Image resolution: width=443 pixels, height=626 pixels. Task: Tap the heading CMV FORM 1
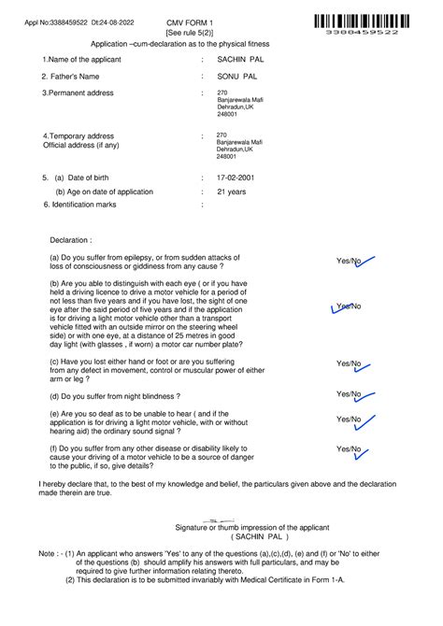tap(190, 21)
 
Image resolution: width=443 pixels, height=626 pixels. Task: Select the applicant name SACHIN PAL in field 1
tap(240, 59)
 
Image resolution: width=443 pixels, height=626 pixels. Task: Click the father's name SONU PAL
tap(236, 76)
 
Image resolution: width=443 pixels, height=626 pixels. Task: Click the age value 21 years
tap(231, 192)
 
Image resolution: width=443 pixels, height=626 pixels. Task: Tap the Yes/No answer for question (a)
tap(350, 262)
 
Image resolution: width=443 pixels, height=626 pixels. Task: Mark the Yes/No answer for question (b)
tap(349, 306)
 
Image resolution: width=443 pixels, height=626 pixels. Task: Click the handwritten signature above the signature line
tap(222, 519)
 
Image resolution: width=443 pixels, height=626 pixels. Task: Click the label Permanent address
tap(79, 93)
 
